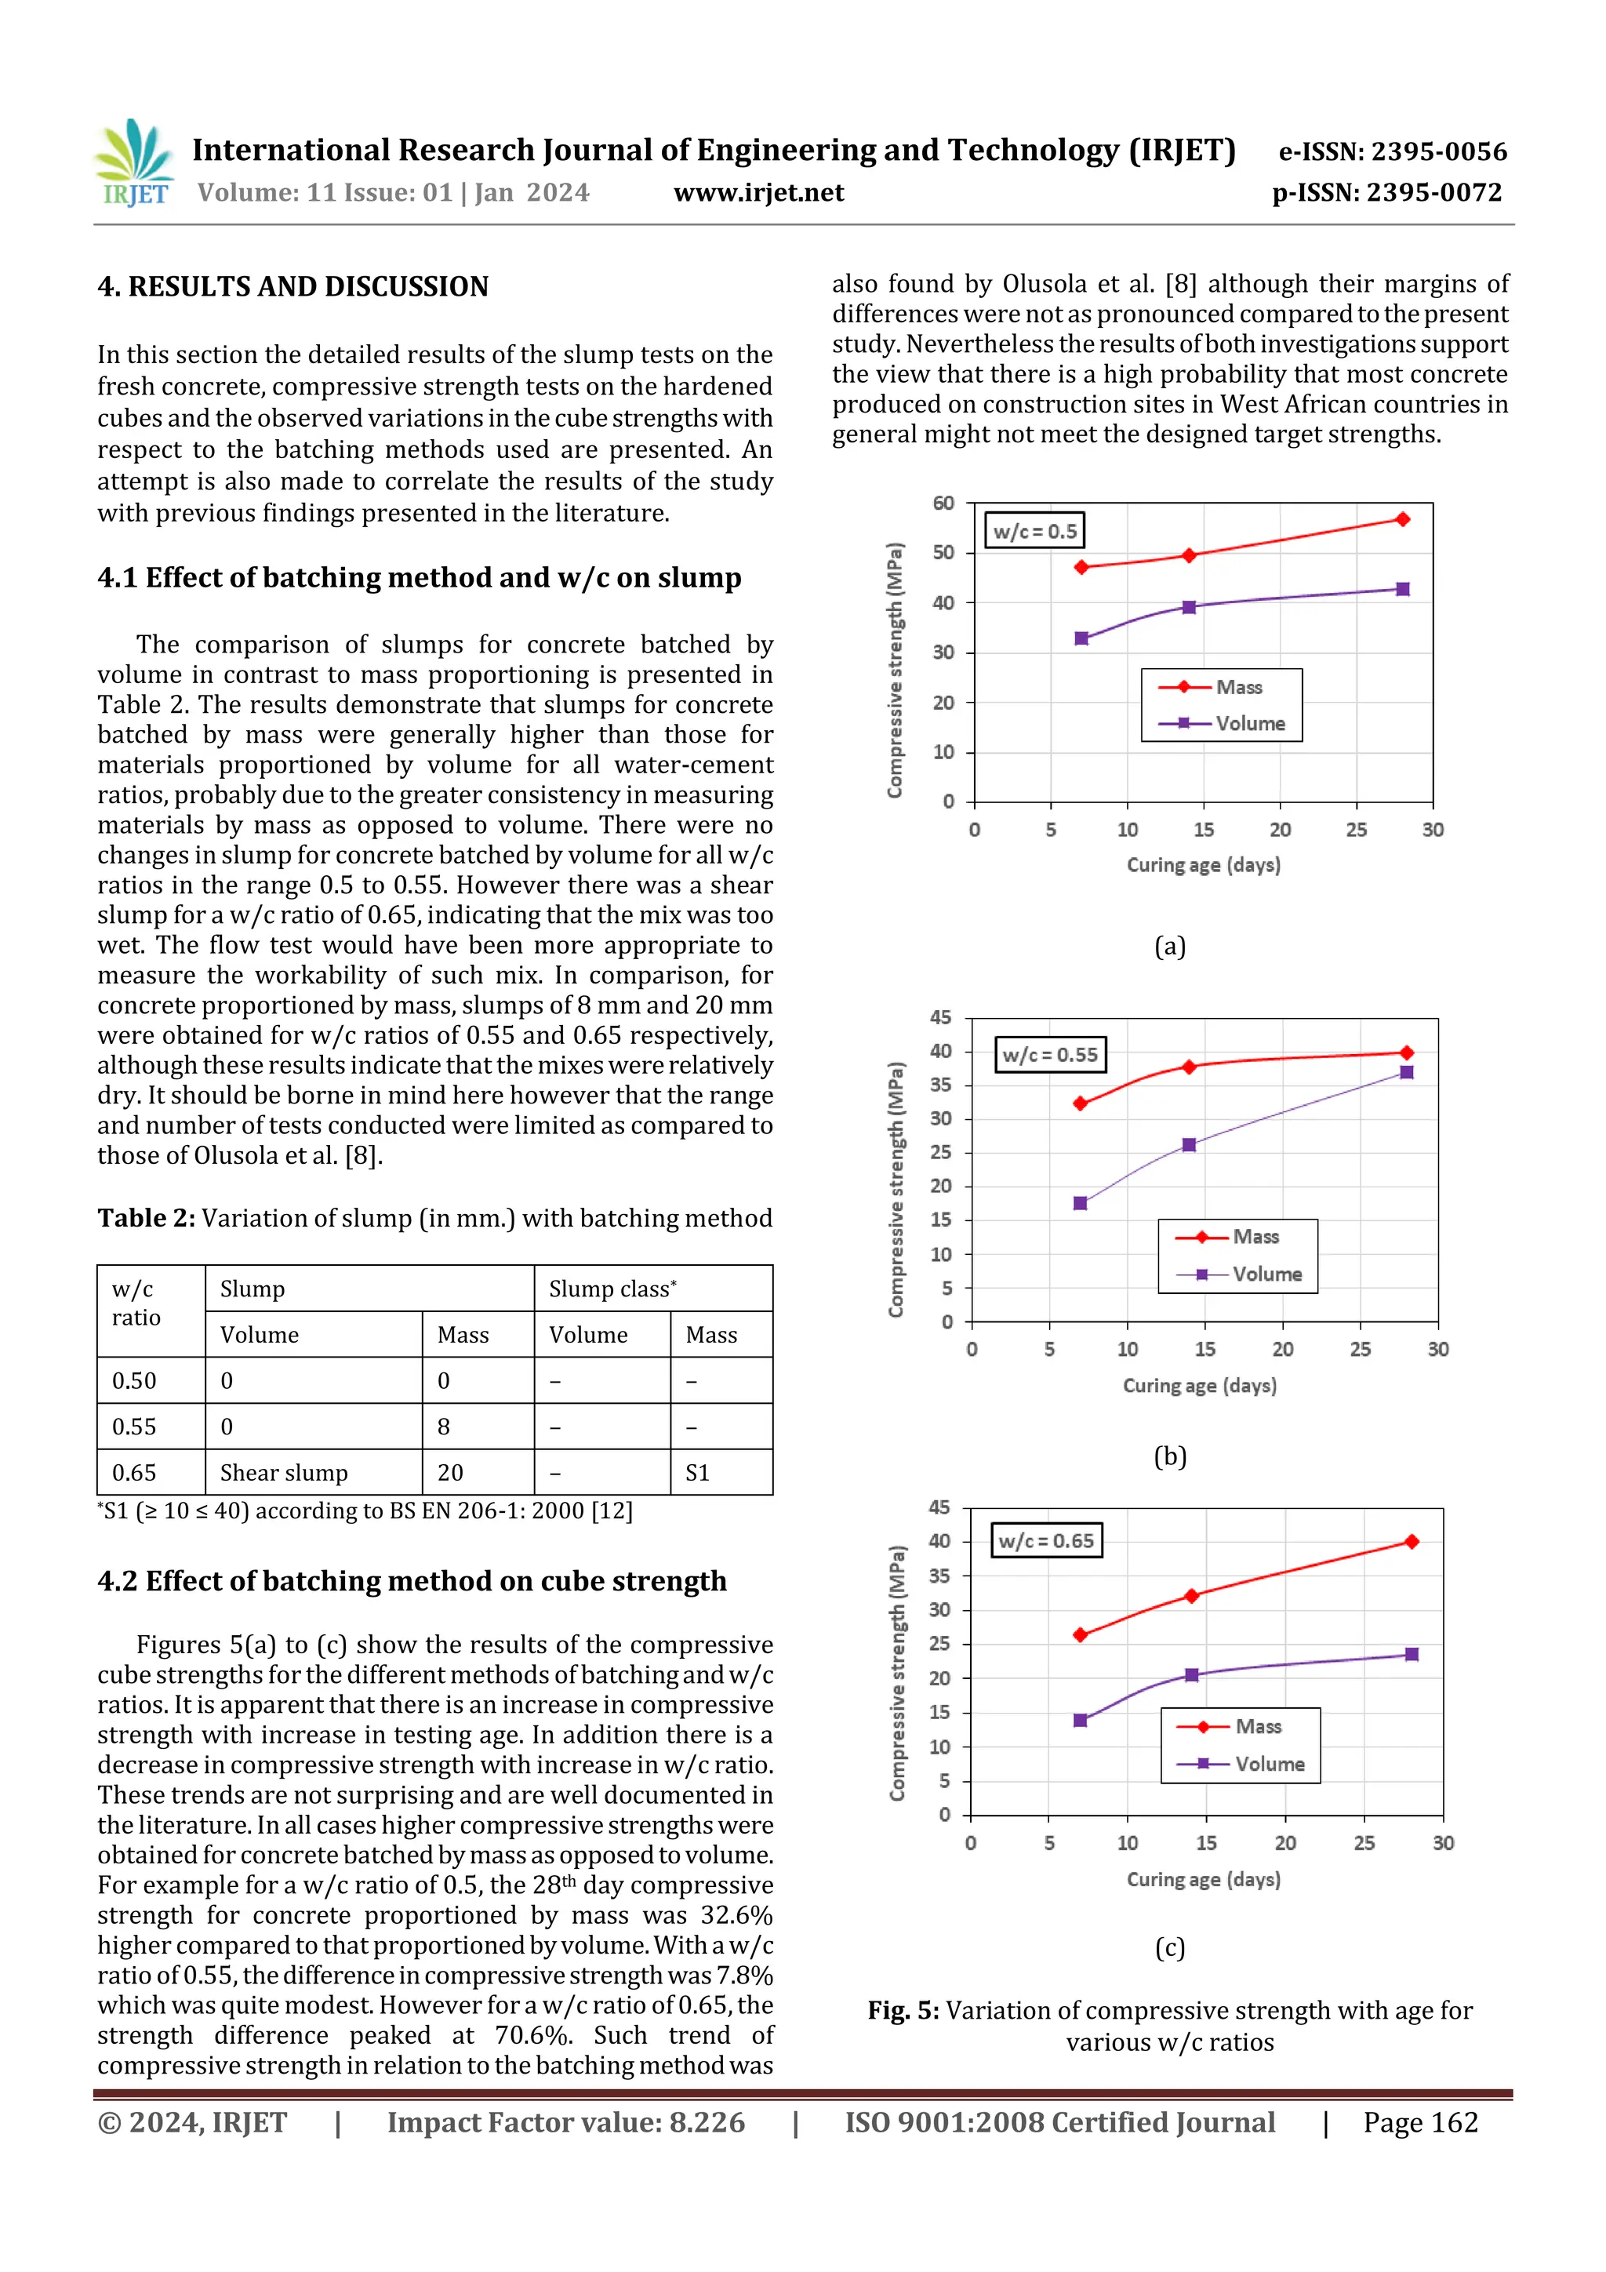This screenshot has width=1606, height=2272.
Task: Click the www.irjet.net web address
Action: pyautogui.click(x=758, y=192)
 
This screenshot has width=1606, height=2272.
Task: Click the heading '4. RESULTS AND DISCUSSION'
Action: pyautogui.click(x=293, y=287)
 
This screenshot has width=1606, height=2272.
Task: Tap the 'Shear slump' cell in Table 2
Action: pyautogui.click(x=284, y=1472)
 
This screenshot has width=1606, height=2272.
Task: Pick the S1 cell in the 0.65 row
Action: pyautogui.click(x=698, y=1472)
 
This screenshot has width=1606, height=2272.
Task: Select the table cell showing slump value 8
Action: pyautogui.click(x=443, y=1426)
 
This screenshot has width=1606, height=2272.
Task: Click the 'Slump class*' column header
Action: pyautogui.click(x=612, y=1289)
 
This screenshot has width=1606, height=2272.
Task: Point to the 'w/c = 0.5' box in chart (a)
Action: pyautogui.click(x=1034, y=532)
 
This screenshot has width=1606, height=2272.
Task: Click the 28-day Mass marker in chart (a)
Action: pyautogui.click(x=1402, y=519)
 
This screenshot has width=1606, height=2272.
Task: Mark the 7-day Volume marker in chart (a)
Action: pyautogui.click(x=1081, y=638)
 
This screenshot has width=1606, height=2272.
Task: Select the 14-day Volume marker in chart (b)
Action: pyautogui.click(x=1190, y=1145)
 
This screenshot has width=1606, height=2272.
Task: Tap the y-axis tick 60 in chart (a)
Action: pyautogui.click(x=943, y=503)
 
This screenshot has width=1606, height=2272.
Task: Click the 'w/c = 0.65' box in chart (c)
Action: pyautogui.click(x=1046, y=1541)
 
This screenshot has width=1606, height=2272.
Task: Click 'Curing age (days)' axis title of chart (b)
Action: pyautogui.click(x=1199, y=1385)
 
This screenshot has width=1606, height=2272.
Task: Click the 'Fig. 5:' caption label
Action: pyautogui.click(x=903, y=2011)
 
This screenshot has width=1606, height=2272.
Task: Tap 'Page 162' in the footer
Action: pyautogui.click(x=1420, y=2121)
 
